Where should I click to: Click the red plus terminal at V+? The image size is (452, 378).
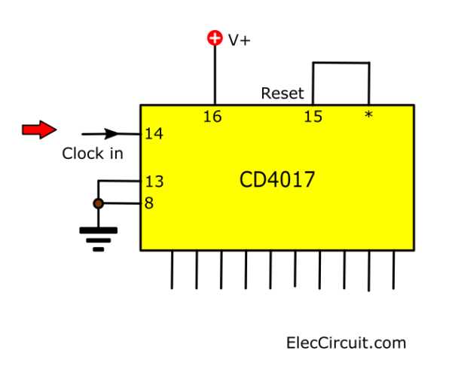pyautogui.click(x=215, y=38)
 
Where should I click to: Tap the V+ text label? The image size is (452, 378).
pyautogui.click(x=240, y=40)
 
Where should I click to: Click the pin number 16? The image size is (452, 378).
pyautogui.click(x=213, y=116)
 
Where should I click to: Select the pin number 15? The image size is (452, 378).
pyautogui.click(x=313, y=116)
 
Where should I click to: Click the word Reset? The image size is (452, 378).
pyautogui.click(x=282, y=94)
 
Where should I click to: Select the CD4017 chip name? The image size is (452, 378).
pyautogui.click(x=276, y=181)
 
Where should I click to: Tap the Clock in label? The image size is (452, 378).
pyautogui.click(x=92, y=154)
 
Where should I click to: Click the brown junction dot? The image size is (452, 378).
pyautogui.click(x=97, y=203)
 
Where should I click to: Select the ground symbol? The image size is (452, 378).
pyautogui.click(x=98, y=238)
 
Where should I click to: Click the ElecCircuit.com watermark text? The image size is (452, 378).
pyautogui.click(x=346, y=343)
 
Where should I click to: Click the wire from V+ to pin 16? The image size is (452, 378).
pyautogui.click(x=215, y=75)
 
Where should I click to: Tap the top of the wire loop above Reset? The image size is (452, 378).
pyautogui.click(x=341, y=63)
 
